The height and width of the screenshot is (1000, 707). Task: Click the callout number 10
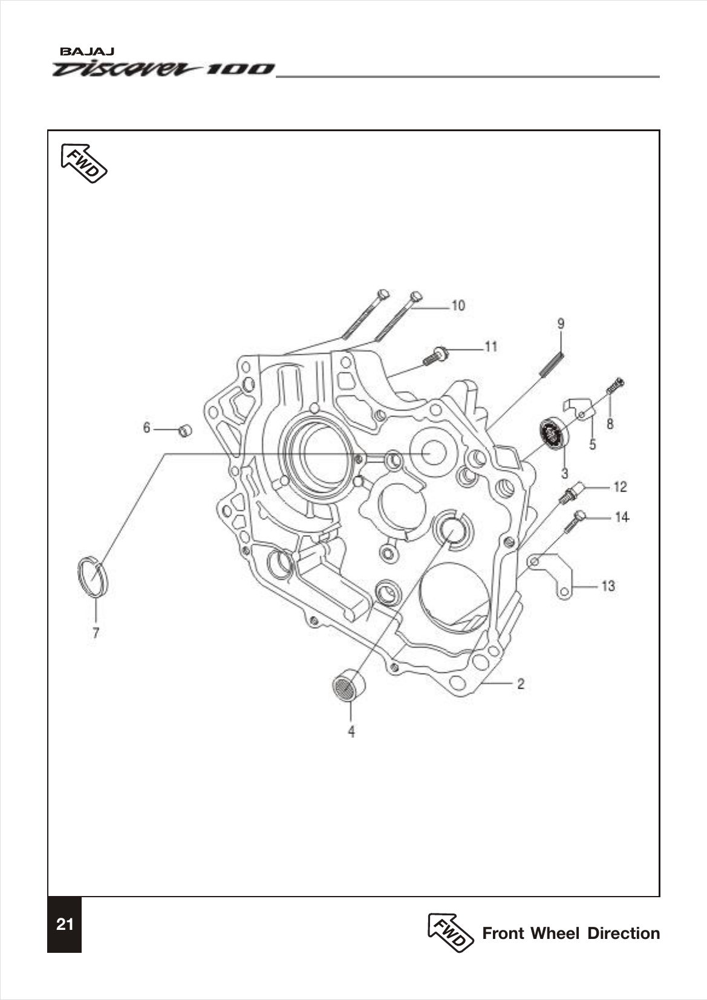pos(458,305)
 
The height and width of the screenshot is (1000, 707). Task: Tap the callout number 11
pos(490,346)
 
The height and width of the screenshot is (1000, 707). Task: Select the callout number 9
pos(561,324)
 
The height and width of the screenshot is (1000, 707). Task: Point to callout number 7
pos(96,633)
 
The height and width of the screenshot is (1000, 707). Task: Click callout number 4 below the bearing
pos(351,732)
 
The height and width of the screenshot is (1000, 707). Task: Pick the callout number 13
pos(608,586)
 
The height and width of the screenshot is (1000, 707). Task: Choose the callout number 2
pos(520,684)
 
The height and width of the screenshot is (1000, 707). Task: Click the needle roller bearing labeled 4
pos(347,687)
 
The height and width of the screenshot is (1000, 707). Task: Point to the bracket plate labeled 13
pos(554,574)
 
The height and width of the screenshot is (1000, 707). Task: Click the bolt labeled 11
pos(436,356)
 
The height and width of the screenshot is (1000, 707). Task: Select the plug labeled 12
pos(573,492)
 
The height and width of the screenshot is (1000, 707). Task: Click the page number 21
pos(64,924)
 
